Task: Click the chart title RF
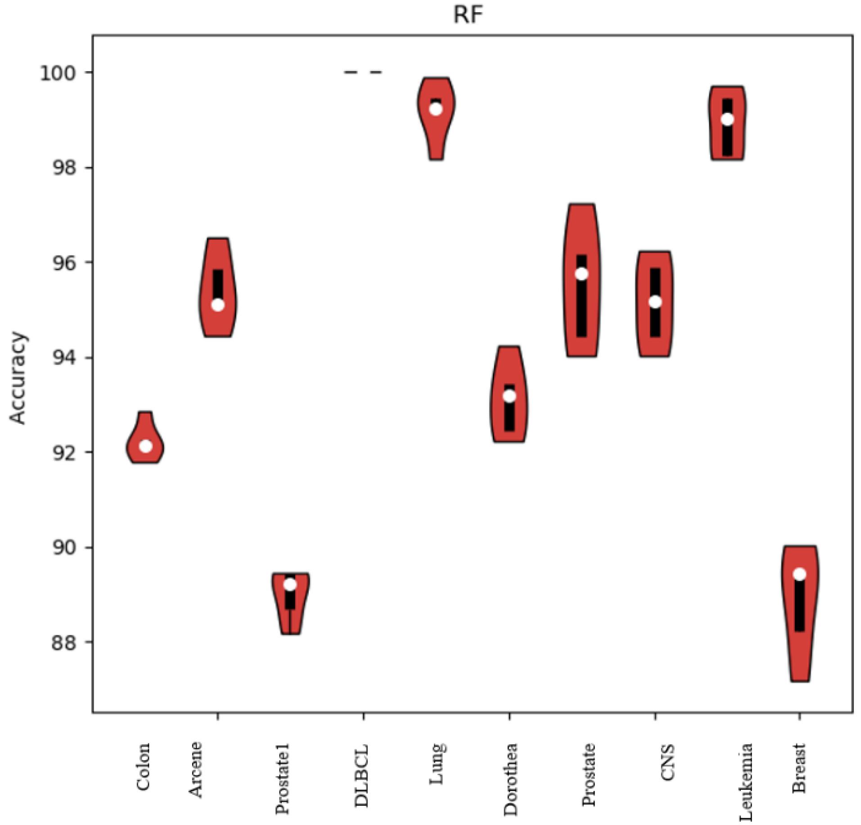tap(468, 15)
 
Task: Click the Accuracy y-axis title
tap(18, 378)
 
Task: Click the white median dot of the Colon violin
tap(146, 446)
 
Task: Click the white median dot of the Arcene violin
tap(218, 305)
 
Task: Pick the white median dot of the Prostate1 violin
tap(290, 585)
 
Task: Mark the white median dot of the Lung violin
tap(436, 109)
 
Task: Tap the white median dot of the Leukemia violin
tap(727, 119)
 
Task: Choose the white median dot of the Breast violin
tap(799, 574)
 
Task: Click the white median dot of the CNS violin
tap(655, 302)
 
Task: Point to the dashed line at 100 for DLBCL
tap(363, 72)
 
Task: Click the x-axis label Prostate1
tap(282, 779)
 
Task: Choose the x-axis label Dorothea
tap(510, 779)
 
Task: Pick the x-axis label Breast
tap(799, 768)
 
